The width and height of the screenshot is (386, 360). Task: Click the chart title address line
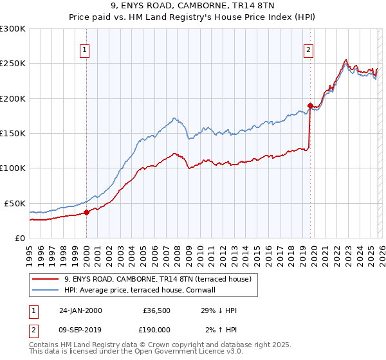click(x=192, y=7)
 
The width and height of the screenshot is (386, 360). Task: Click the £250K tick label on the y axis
click(x=13, y=64)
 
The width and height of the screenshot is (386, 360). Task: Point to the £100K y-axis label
click(x=13, y=168)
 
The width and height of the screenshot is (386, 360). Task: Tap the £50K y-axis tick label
click(x=15, y=203)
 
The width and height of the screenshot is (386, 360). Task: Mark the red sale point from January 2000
click(x=87, y=212)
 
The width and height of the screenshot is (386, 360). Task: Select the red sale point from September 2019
click(x=309, y=105)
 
